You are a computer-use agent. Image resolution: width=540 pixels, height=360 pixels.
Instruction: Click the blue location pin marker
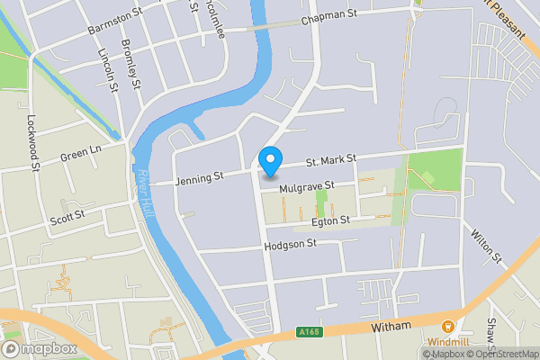[270, 161]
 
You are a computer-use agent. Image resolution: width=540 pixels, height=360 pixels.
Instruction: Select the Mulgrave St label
[307, 187]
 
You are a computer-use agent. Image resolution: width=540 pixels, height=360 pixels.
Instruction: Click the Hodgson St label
[291, 244]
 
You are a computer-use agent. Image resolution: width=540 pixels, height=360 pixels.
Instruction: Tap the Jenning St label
[198, 178]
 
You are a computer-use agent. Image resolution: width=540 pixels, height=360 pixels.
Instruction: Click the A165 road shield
[309, 332]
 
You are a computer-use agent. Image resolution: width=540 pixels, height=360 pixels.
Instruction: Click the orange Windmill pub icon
[447, 327]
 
